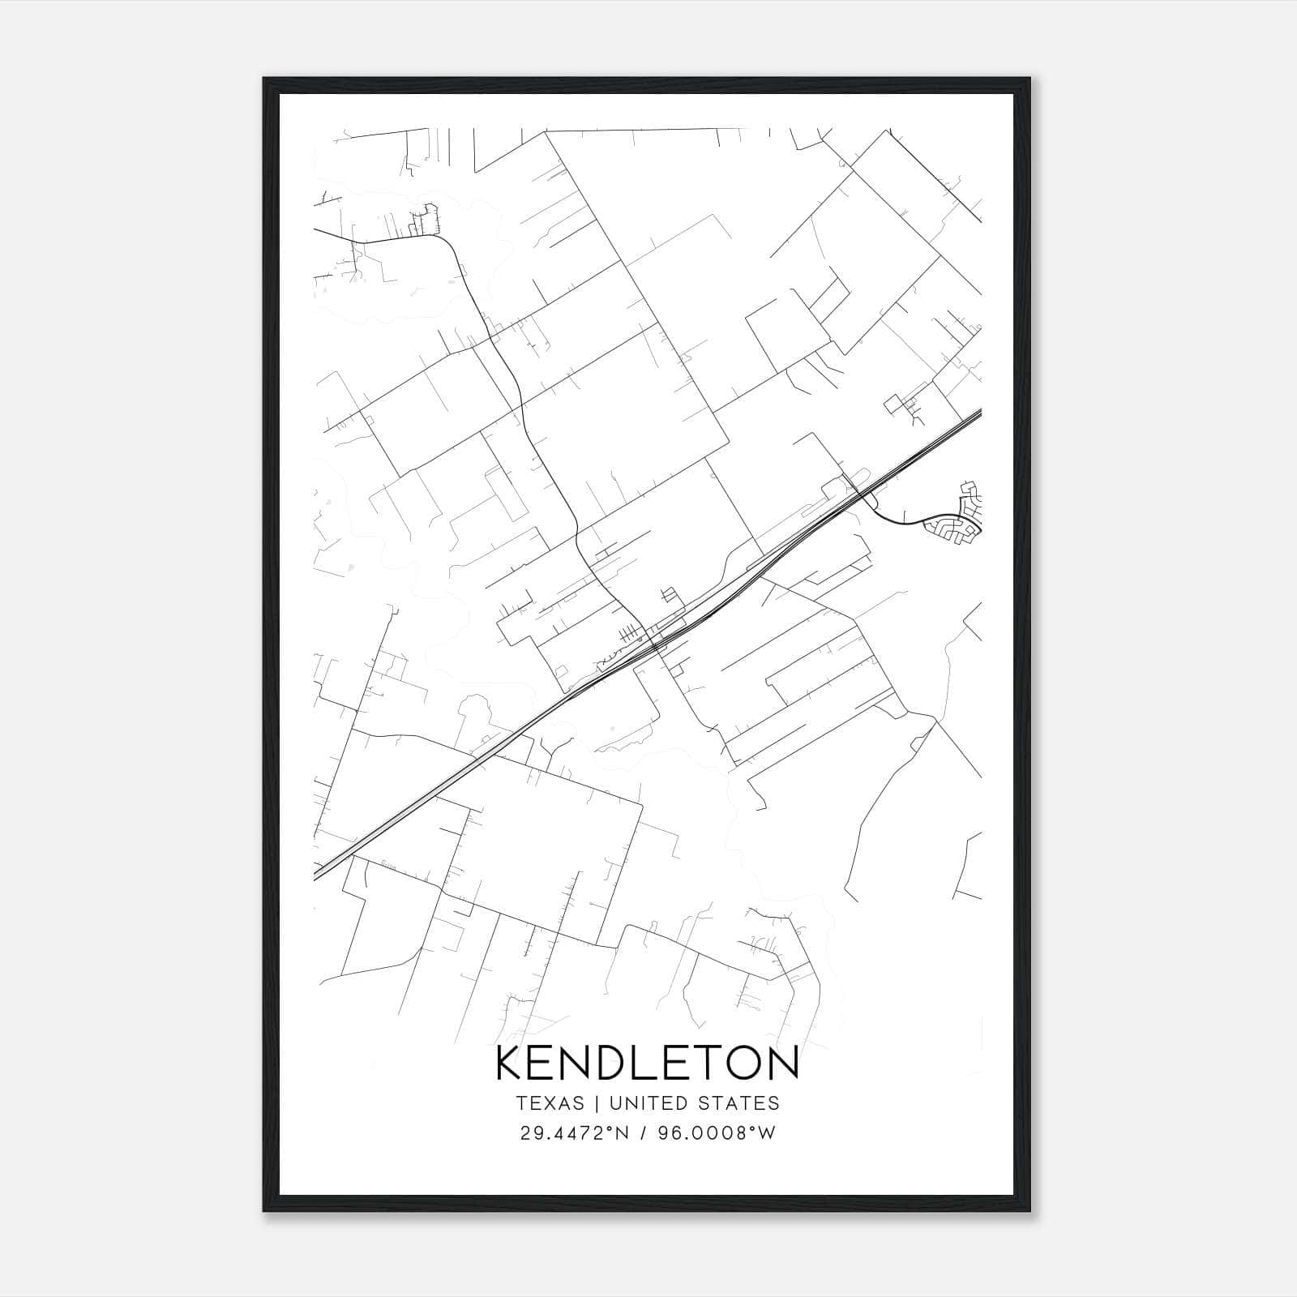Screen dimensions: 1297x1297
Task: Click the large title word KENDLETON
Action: pyautogui.click(x=647, y=1064)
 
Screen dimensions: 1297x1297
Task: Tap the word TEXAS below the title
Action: pyautogui.click(x=550, y=1103)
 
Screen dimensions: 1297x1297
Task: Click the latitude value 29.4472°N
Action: pyautogui.click(x=575, y=1133)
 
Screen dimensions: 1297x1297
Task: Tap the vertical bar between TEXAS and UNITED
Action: pyautogui.click(x=596, y=1103)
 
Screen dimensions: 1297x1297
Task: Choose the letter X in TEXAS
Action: pyautogui.click(x=550, y=1103)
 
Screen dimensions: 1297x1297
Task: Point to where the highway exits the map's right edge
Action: pyautogui.click(x=979, y=414)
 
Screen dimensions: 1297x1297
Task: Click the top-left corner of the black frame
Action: pyautogui.click(x=264, y=79)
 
